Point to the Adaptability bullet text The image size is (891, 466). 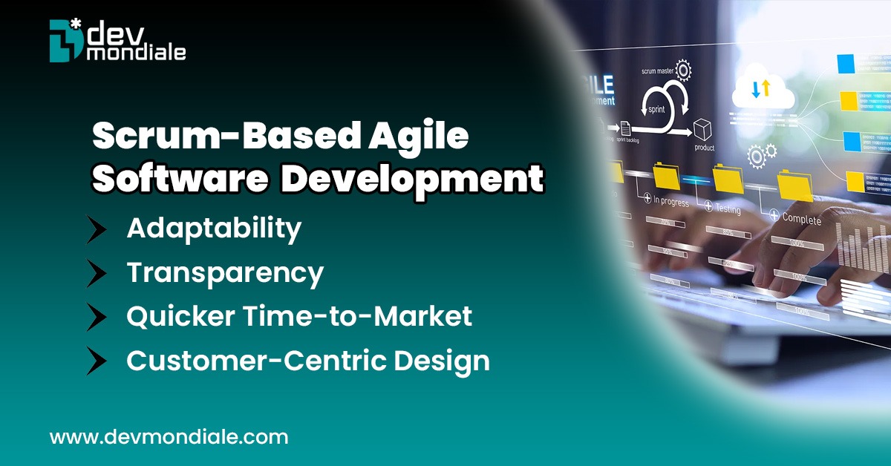(214, 229)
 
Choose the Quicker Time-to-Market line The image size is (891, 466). (299, 317)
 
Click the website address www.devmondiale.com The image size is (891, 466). (169, 437)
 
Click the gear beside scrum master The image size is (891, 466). (682, 70)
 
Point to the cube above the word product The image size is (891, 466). (702, 129)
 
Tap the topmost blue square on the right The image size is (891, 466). (847, 64)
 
